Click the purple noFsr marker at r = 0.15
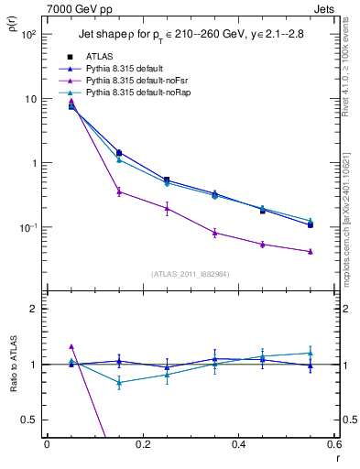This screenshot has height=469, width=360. (x=119, y=191)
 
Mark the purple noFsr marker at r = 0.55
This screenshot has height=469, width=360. (x=311, y=251)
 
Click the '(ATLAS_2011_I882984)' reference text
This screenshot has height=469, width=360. (x=189, y=274)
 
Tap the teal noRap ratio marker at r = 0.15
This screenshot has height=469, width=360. (x=119, y=383)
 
